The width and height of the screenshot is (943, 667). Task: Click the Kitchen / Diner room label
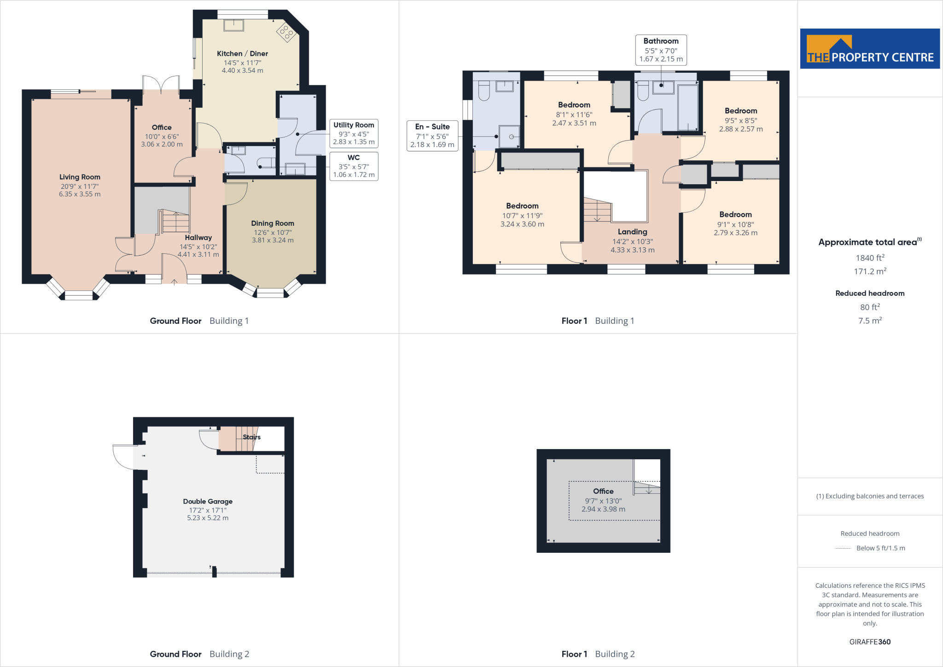click(x=242, y=54)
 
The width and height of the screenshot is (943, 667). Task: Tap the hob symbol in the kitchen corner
click(x=285, y=32)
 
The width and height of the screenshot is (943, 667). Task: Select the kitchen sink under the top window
click(x=233, y=25)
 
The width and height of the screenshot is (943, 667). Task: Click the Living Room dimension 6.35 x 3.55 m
click(x=80, y=194)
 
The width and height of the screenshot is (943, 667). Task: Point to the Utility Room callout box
click(x=354, y=133)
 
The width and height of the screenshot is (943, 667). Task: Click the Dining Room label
click(x=272, y=223)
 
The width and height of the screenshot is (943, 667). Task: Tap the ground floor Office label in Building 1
click(x=162, y=128)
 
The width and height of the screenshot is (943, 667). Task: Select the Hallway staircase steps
click(x=175, y=222)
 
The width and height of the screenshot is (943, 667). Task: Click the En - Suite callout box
click(x=432, y=135)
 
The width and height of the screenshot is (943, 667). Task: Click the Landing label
click(x=632, y=232)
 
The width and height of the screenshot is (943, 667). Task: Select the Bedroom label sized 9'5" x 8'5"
click(x=740, y=111)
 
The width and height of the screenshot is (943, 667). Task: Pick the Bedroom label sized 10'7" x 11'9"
click(x=522, y=206)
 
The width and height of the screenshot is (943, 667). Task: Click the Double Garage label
click(x=208, y=501)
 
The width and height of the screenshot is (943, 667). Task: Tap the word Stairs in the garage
click(x=251, y=437)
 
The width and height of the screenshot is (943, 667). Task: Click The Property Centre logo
click(x=870, y=49)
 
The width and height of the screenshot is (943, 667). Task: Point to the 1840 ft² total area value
click(x=869, y=258)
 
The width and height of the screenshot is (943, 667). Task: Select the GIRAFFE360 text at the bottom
click(x=869, y=642)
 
